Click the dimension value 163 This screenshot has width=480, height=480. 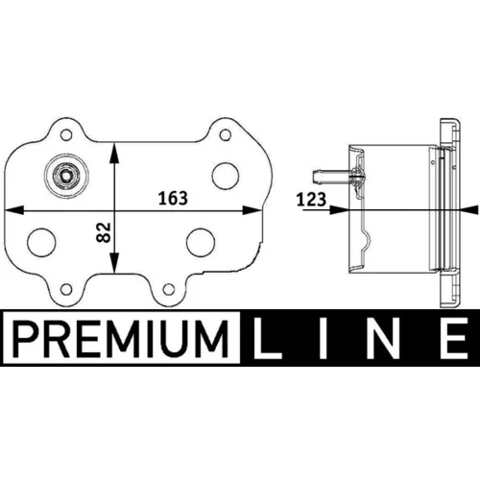click(173, 199)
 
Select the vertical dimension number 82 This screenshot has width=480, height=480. click(104, 232)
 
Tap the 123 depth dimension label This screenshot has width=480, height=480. click(311, 200)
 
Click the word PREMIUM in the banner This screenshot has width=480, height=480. click(121, 339)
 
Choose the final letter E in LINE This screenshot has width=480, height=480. click(453, 339)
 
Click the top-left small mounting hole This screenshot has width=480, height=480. click(66, 135)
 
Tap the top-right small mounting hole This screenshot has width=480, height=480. click(226, 135)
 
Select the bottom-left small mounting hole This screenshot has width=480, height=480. click(66, 290)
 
